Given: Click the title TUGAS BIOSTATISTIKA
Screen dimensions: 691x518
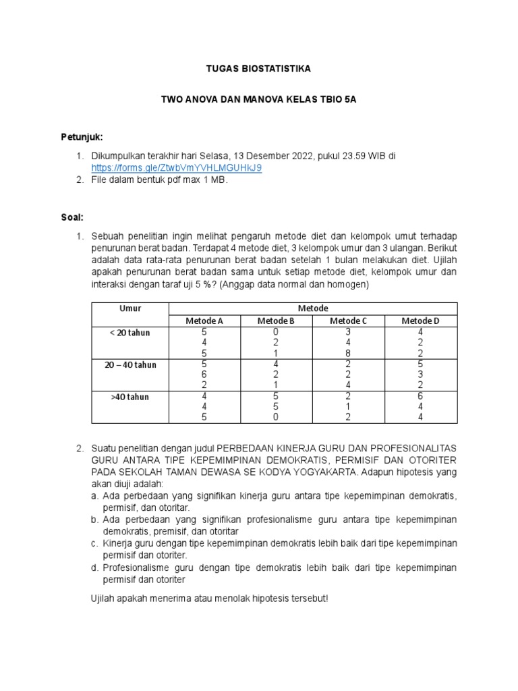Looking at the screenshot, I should tap(258, 70).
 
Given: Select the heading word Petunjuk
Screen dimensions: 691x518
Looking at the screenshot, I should tap(82, 138).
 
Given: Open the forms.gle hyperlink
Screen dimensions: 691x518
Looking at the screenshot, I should tap(177, 167).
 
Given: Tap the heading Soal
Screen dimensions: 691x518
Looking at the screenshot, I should tap(73, 217).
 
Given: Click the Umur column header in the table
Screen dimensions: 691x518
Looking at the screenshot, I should tap(130, 308).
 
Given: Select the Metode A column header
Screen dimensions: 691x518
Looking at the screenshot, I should tap(204, 321).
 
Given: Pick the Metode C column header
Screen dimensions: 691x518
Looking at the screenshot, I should tap(348, 321).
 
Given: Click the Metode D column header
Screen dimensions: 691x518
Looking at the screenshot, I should tap(420, 321).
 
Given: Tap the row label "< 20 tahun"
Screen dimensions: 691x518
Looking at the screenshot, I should tap(130, 333).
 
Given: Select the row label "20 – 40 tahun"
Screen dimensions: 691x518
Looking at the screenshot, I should tap(130, 365).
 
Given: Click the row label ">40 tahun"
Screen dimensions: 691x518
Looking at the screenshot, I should tap(130, 397).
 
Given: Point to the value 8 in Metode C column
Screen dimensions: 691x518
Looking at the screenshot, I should tap(348, 354).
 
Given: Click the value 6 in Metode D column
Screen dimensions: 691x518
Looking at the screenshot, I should tap(420, 397).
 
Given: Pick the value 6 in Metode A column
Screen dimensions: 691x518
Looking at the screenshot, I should tap(204, 375).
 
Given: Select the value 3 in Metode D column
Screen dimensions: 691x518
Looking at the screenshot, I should tap(420, 375).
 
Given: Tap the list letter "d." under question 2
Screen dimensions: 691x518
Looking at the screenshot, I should tap(95, 568).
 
